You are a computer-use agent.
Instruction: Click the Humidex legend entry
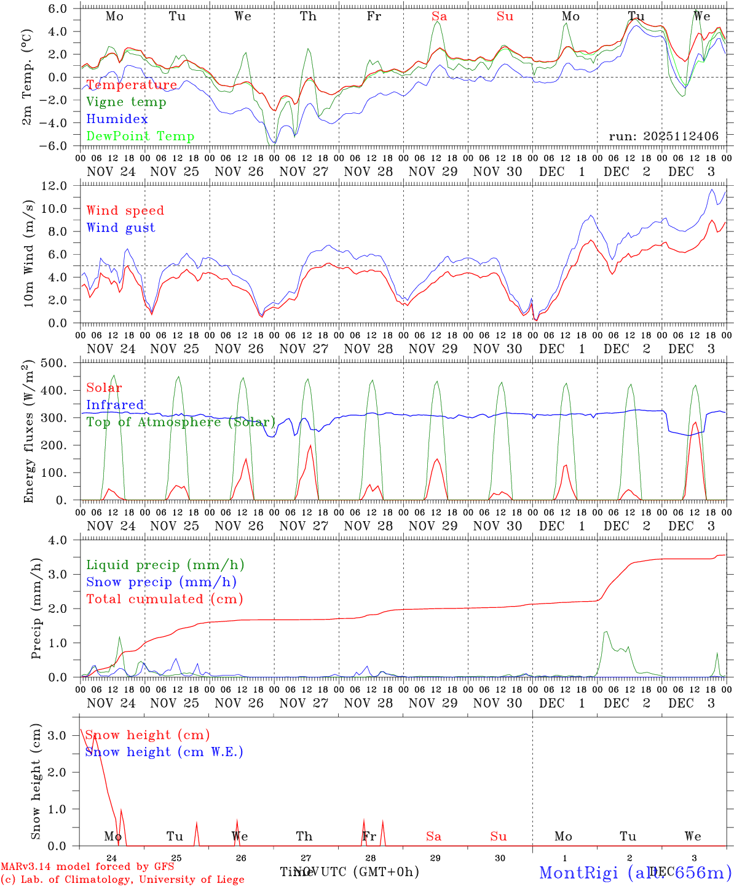(117, 119)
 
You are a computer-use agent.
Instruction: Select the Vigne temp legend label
(126, 102)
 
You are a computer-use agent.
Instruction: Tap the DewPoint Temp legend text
(140, 136)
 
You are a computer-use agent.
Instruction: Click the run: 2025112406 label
(664, 136)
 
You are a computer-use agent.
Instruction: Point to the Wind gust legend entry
(120, 228)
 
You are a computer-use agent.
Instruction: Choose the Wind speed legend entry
(125, 210)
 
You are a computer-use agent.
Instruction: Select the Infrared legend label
(115, 405)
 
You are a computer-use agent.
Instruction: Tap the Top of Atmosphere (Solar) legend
(181, 422)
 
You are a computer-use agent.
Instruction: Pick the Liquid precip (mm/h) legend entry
(165, 565)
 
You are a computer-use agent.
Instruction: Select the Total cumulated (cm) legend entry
(165, 599)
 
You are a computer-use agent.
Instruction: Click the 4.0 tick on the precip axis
(63, 540)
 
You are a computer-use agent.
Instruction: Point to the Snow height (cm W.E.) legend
(164, 752)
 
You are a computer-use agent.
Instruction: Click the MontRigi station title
(635, 872)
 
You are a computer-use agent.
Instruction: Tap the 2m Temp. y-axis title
(28, 78)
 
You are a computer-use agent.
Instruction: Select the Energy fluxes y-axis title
(29, 431)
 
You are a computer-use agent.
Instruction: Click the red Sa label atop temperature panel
(439, 17)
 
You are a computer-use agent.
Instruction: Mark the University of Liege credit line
(122, 879)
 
